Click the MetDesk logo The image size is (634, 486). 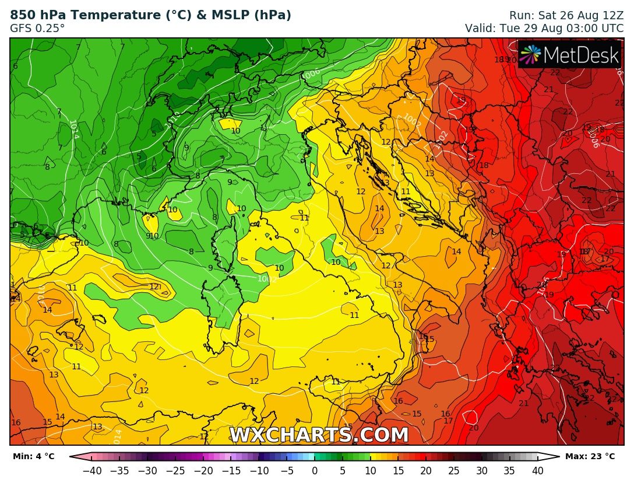[570, 54]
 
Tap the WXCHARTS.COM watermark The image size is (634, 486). [319, 435]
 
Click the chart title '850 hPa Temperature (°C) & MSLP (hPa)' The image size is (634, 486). [150, 15]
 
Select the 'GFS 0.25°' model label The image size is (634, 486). [37, 27]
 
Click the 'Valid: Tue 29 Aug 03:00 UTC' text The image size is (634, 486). [544, 27]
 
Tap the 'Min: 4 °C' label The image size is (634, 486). [33, 456]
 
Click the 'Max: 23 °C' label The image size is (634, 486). [590, 456]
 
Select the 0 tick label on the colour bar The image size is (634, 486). [315, 471]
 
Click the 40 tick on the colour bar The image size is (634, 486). [537, 471]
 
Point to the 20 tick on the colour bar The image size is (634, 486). [426, 471]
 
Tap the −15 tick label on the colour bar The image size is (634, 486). [231, 471]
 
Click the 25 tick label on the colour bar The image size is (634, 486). [454, 471]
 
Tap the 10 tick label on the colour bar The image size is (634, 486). [370, 471]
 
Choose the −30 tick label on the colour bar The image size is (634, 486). [147, 471]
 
